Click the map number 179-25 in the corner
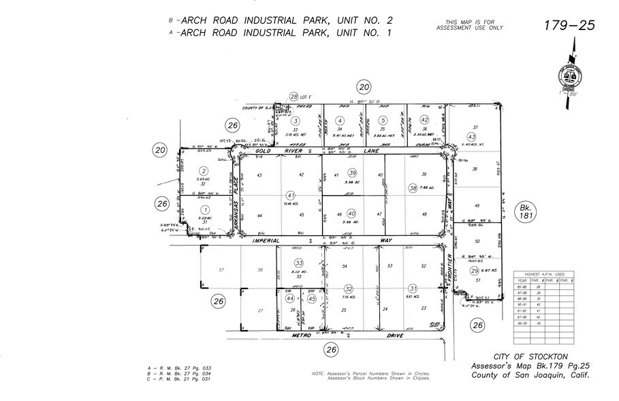point(569,26)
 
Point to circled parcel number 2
point(203,170)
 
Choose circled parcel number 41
point(290,195)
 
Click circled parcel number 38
point(412,188)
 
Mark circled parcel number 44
point(289,299)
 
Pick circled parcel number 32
point(348,288)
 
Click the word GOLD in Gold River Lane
point(265,151)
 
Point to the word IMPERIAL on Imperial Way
point(266,241)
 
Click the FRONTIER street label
point(451,267)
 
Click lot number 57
point(221,270)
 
